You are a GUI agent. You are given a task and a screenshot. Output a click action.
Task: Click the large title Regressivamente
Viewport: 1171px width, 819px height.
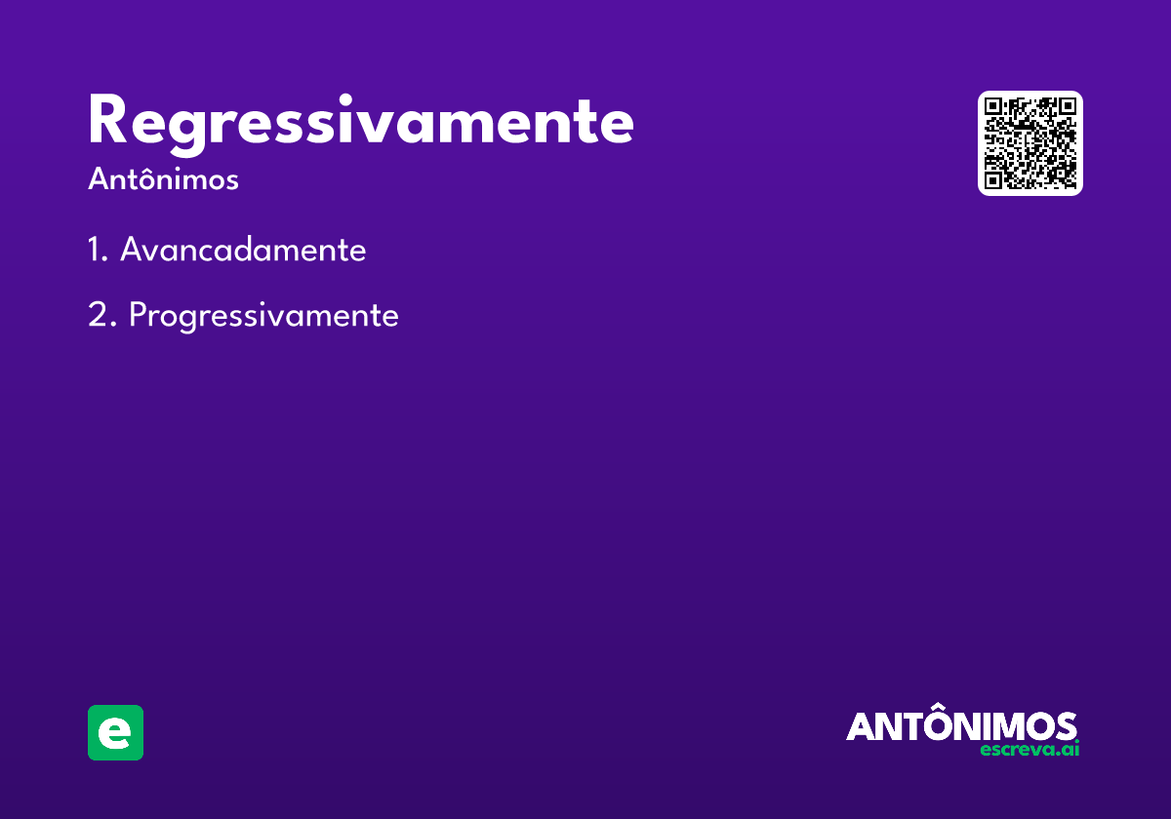point(361,125)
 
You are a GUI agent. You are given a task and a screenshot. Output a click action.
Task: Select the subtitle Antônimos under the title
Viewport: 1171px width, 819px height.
point(163,178)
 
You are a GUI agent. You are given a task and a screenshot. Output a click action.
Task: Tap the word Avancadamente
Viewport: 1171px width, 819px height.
point(243,249)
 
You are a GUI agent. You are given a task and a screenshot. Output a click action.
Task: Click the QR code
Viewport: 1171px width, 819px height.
point(1030,143)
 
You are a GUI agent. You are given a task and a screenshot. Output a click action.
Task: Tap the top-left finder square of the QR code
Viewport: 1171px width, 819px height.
point(992,106)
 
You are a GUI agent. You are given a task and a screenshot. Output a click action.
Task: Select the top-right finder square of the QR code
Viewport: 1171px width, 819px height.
point(1067,106)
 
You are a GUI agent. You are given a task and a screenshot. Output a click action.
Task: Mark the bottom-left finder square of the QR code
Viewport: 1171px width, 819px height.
point(992,180)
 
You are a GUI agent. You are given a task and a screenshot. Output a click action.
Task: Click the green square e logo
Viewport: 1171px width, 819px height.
point(115,732)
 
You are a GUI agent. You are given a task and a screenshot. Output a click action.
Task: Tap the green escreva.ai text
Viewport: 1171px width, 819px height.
point(1030,749)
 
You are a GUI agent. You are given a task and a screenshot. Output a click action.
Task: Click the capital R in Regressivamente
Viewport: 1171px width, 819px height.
point(107,119)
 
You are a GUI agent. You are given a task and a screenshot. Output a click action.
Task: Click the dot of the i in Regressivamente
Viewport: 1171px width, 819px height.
point(345,100)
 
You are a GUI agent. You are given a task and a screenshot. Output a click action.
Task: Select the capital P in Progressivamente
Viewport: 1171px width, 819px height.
point(138,315)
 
